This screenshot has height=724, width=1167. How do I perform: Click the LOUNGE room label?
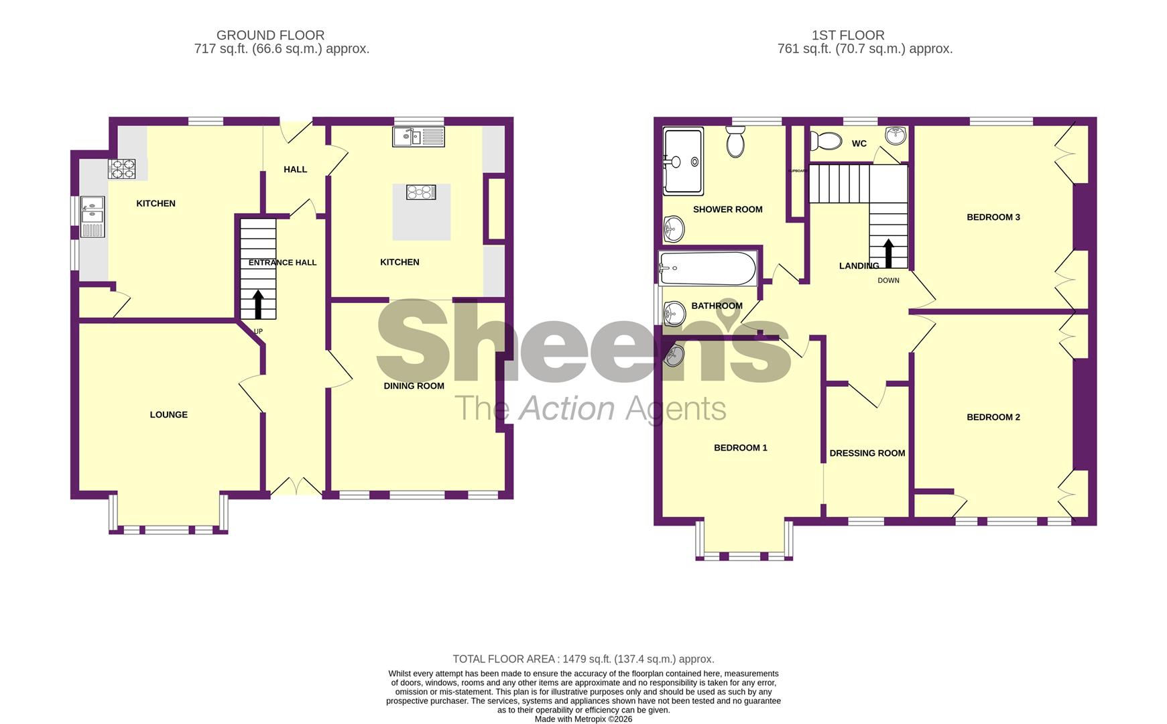[168, 415]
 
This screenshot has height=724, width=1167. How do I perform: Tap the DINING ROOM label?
[414, 386]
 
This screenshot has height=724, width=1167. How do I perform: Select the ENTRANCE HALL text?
[282, 263]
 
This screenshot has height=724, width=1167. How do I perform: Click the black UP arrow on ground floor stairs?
[258, 304]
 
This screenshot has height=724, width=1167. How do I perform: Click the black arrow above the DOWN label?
[888, 254]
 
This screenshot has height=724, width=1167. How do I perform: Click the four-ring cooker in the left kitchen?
[122, 169]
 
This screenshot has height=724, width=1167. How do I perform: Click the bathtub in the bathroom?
[708, 268]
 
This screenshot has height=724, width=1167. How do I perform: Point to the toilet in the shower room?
[735, 143]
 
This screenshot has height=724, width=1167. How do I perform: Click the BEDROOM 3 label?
[993, 217]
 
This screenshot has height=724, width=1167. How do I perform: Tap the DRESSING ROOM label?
[867, 454]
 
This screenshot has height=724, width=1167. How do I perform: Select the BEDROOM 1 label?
[740, 448]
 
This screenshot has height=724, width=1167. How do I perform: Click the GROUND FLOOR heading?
[270, 35]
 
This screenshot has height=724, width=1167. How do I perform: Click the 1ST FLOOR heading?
[847, 35]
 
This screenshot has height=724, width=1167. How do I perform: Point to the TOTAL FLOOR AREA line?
[583, 659]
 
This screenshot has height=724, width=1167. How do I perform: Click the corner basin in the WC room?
[895, 135]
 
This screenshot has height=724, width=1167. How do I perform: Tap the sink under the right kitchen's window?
[418, 137]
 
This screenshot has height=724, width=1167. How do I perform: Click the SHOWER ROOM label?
[727, 210]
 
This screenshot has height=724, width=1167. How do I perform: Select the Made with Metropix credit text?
[583, 719]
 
